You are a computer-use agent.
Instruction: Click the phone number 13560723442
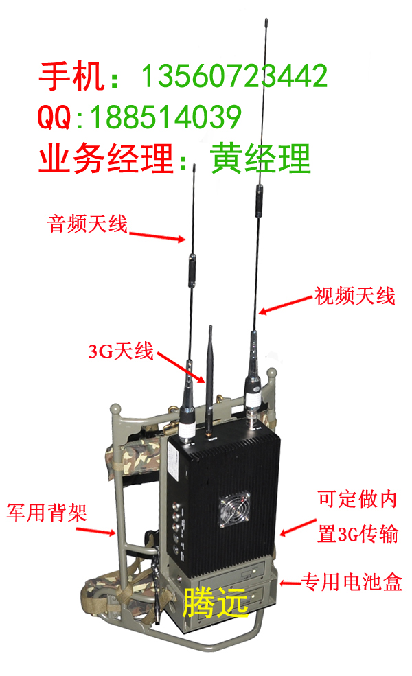point(234,76)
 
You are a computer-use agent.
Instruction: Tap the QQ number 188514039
point(165,117)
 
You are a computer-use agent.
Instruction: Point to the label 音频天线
point(87,224)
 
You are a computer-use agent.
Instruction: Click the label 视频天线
point(355,296)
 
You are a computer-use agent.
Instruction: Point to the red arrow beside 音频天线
point(157,236)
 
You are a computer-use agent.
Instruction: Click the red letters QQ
point(54,117)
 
